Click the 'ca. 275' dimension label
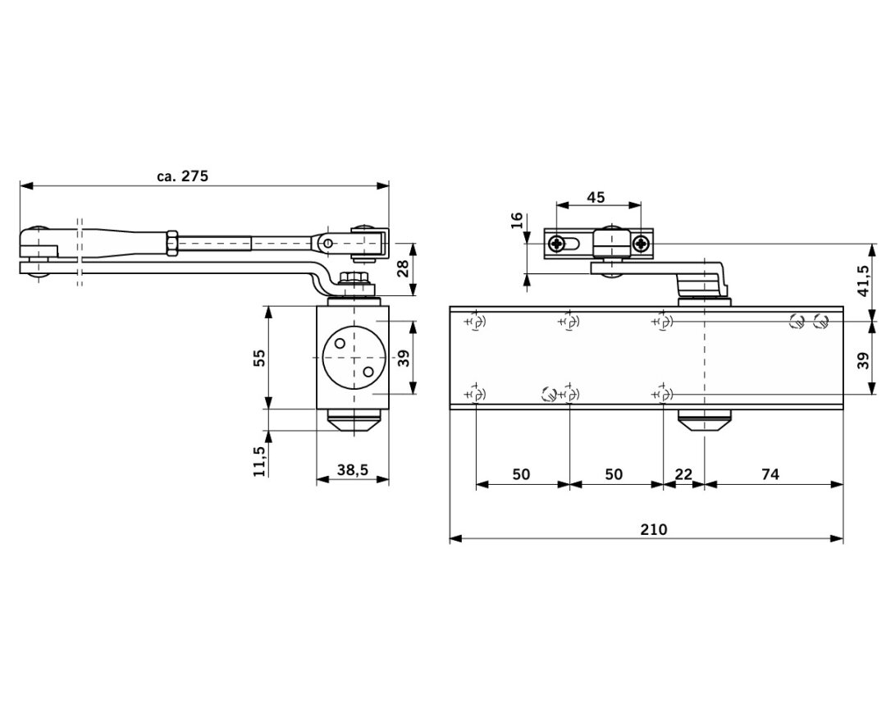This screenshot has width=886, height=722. [183, 176]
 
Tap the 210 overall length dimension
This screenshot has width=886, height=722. [654, 529]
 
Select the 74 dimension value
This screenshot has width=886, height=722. [769, 474]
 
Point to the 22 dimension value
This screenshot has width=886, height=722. [683, 474]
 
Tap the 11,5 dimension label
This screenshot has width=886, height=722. [259, 461]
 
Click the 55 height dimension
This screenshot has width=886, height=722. [259, 358]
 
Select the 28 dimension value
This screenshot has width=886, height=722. [403, 268]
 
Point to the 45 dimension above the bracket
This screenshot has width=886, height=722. [596, 197]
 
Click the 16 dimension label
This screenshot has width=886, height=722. [516, 221]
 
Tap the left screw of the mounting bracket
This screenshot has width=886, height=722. [558, 243]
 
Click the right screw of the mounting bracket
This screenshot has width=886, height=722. [640, 243]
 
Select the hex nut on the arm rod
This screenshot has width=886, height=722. [171, 244]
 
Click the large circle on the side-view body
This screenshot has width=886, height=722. [354, 359]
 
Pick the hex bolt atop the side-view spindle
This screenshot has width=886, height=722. [354, 279]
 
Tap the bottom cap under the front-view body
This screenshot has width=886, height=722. [703, 419]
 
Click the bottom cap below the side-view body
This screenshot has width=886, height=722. [354, 420]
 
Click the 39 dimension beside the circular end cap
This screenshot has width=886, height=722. [403, 359]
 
